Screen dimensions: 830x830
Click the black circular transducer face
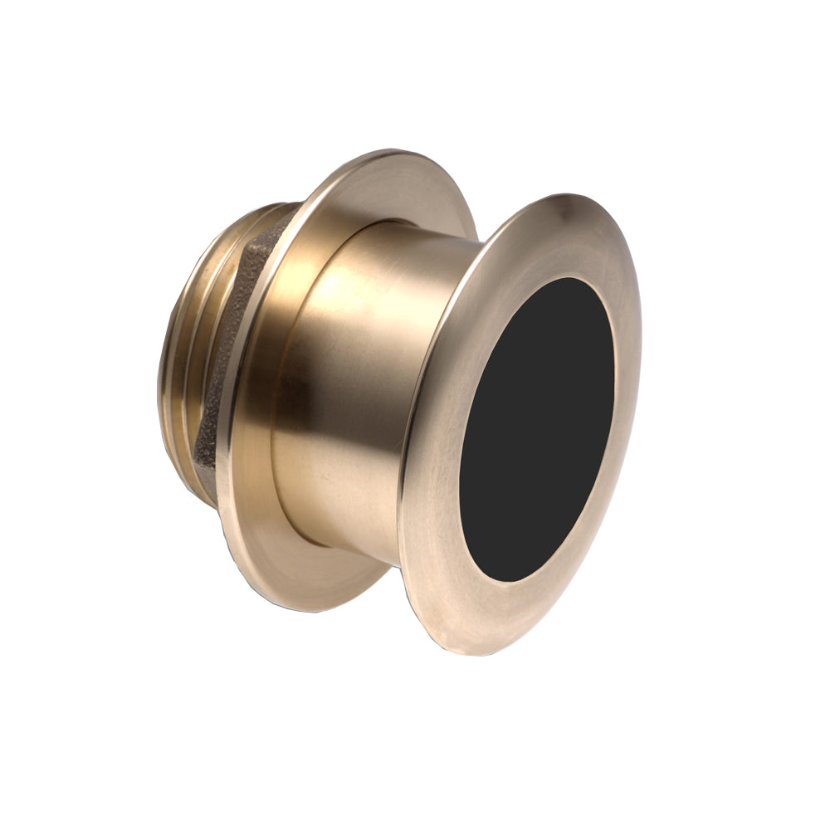(537, 429)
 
